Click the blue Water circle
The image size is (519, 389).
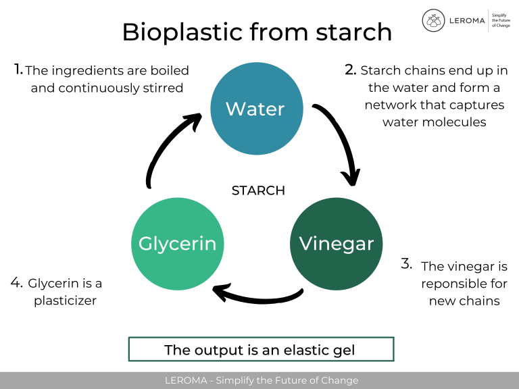(x=255, y=109)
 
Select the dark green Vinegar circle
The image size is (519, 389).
(x=336, y=244)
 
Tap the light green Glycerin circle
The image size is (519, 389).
(x=177, y=244)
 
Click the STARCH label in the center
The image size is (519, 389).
(x=258, y=191)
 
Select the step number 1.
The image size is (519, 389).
(x=18, y=69)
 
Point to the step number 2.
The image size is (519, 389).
(x=350, y=69)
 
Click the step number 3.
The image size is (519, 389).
(x=406, y=264)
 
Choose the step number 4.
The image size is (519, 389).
(x=17, y=282)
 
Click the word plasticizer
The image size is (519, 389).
(x=65, y=301)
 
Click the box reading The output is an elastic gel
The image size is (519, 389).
(x=260, y=350)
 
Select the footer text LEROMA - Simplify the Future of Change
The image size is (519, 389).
(x=262, y=380)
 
